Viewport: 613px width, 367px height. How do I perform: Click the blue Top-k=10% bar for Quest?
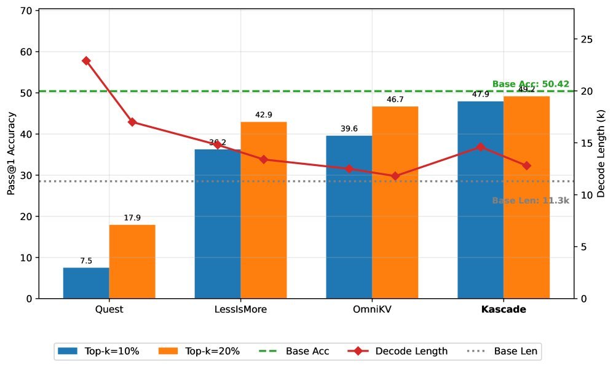click(x=86, y=283)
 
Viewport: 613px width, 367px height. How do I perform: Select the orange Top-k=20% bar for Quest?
click(x=132, y=261)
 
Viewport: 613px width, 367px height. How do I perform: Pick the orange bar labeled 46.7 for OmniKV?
click(x=395, y=202)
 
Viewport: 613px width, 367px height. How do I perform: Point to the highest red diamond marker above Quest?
click(x=86, y=61)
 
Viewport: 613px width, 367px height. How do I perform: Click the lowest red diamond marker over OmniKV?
click(x=395, y=176)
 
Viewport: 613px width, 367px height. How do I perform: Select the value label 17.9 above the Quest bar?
click(x=132, y=218)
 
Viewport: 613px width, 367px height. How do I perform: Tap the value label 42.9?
click(x=263, y=114)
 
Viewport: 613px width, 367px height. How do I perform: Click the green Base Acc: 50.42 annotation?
click(x=531, y=84)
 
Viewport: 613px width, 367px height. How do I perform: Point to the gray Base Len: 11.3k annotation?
click(x=531, y=200)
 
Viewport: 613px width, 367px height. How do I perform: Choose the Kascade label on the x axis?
click(x=503, y=310)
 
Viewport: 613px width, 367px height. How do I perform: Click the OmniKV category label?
click(x=371, y=310)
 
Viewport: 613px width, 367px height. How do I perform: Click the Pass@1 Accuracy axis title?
click(x=10, y=154)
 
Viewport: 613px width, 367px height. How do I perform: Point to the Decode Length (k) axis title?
click(x=601, y=154)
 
